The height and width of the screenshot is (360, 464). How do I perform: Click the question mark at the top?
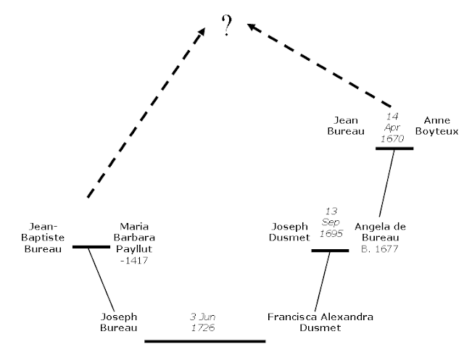click(226, 27)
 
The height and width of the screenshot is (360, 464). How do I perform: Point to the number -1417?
click(134, 260)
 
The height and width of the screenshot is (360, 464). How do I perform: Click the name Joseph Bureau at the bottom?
click(118, 322)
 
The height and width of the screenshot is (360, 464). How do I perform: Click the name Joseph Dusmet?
click(291, 232)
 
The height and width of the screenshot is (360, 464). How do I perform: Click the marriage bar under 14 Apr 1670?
click(394, 148)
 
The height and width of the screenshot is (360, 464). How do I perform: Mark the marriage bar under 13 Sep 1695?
click(330, 251)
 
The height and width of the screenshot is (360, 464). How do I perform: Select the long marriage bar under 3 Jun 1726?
click(205, 340)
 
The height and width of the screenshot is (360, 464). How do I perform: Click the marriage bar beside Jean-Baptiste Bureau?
click(90, 247)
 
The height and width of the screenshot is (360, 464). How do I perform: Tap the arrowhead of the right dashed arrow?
click(251, 28)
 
